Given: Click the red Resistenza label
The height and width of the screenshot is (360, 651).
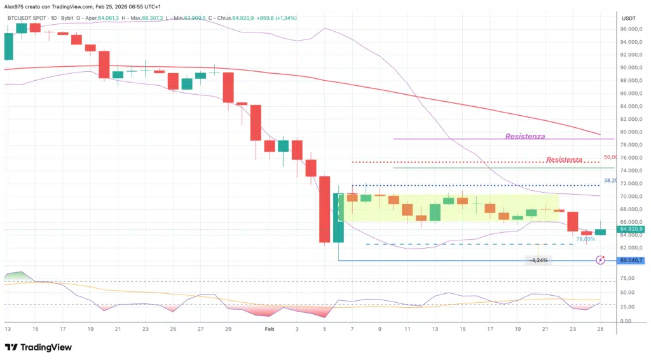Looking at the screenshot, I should point(564,160).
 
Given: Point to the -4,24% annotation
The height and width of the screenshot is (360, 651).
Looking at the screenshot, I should point(538,260).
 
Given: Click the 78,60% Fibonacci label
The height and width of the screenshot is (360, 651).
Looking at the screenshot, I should point(586,239).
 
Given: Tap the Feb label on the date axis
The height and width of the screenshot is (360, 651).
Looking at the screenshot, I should point(269,329).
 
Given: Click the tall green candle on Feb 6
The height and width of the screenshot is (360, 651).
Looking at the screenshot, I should point(338,218).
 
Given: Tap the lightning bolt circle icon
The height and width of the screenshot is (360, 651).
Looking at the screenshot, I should point(601,260).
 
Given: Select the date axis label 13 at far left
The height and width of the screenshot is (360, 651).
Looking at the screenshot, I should point(8,329).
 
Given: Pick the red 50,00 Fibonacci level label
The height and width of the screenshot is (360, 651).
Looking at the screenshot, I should point(610,157).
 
